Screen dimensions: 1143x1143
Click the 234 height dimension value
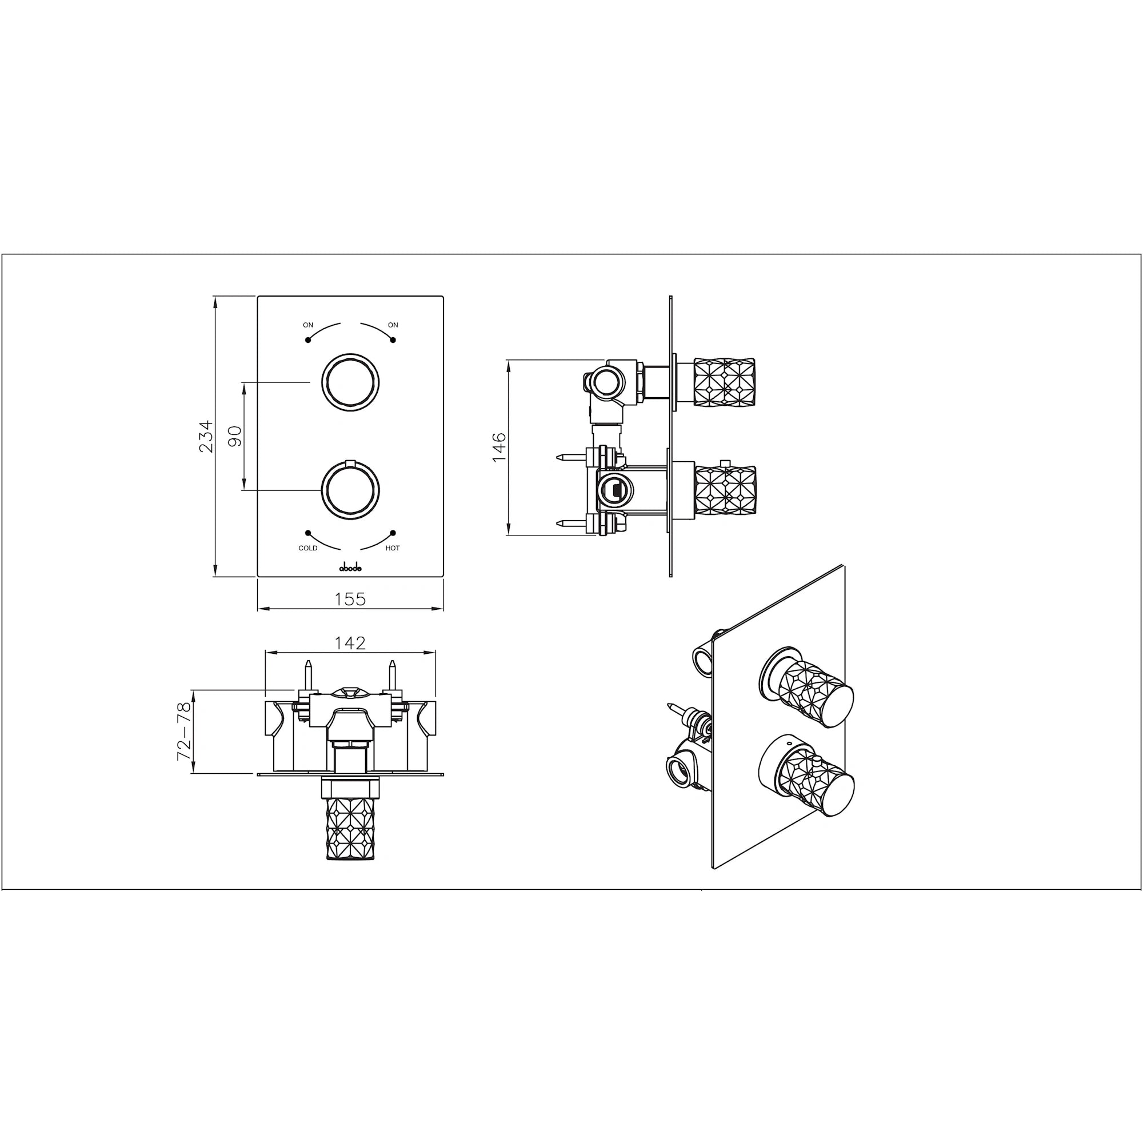click(205, 436)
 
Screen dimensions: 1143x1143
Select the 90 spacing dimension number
click(235, 436)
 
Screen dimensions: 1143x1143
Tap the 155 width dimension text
click(350, 600)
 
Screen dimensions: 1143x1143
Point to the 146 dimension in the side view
click(499, 447)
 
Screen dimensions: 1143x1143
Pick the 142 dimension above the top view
click(350, 643)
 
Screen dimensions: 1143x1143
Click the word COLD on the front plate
click(307, 549)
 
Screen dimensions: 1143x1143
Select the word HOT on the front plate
click(392, 549)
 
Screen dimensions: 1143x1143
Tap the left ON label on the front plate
click(307, 325)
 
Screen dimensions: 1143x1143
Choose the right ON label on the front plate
click(393, 325)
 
